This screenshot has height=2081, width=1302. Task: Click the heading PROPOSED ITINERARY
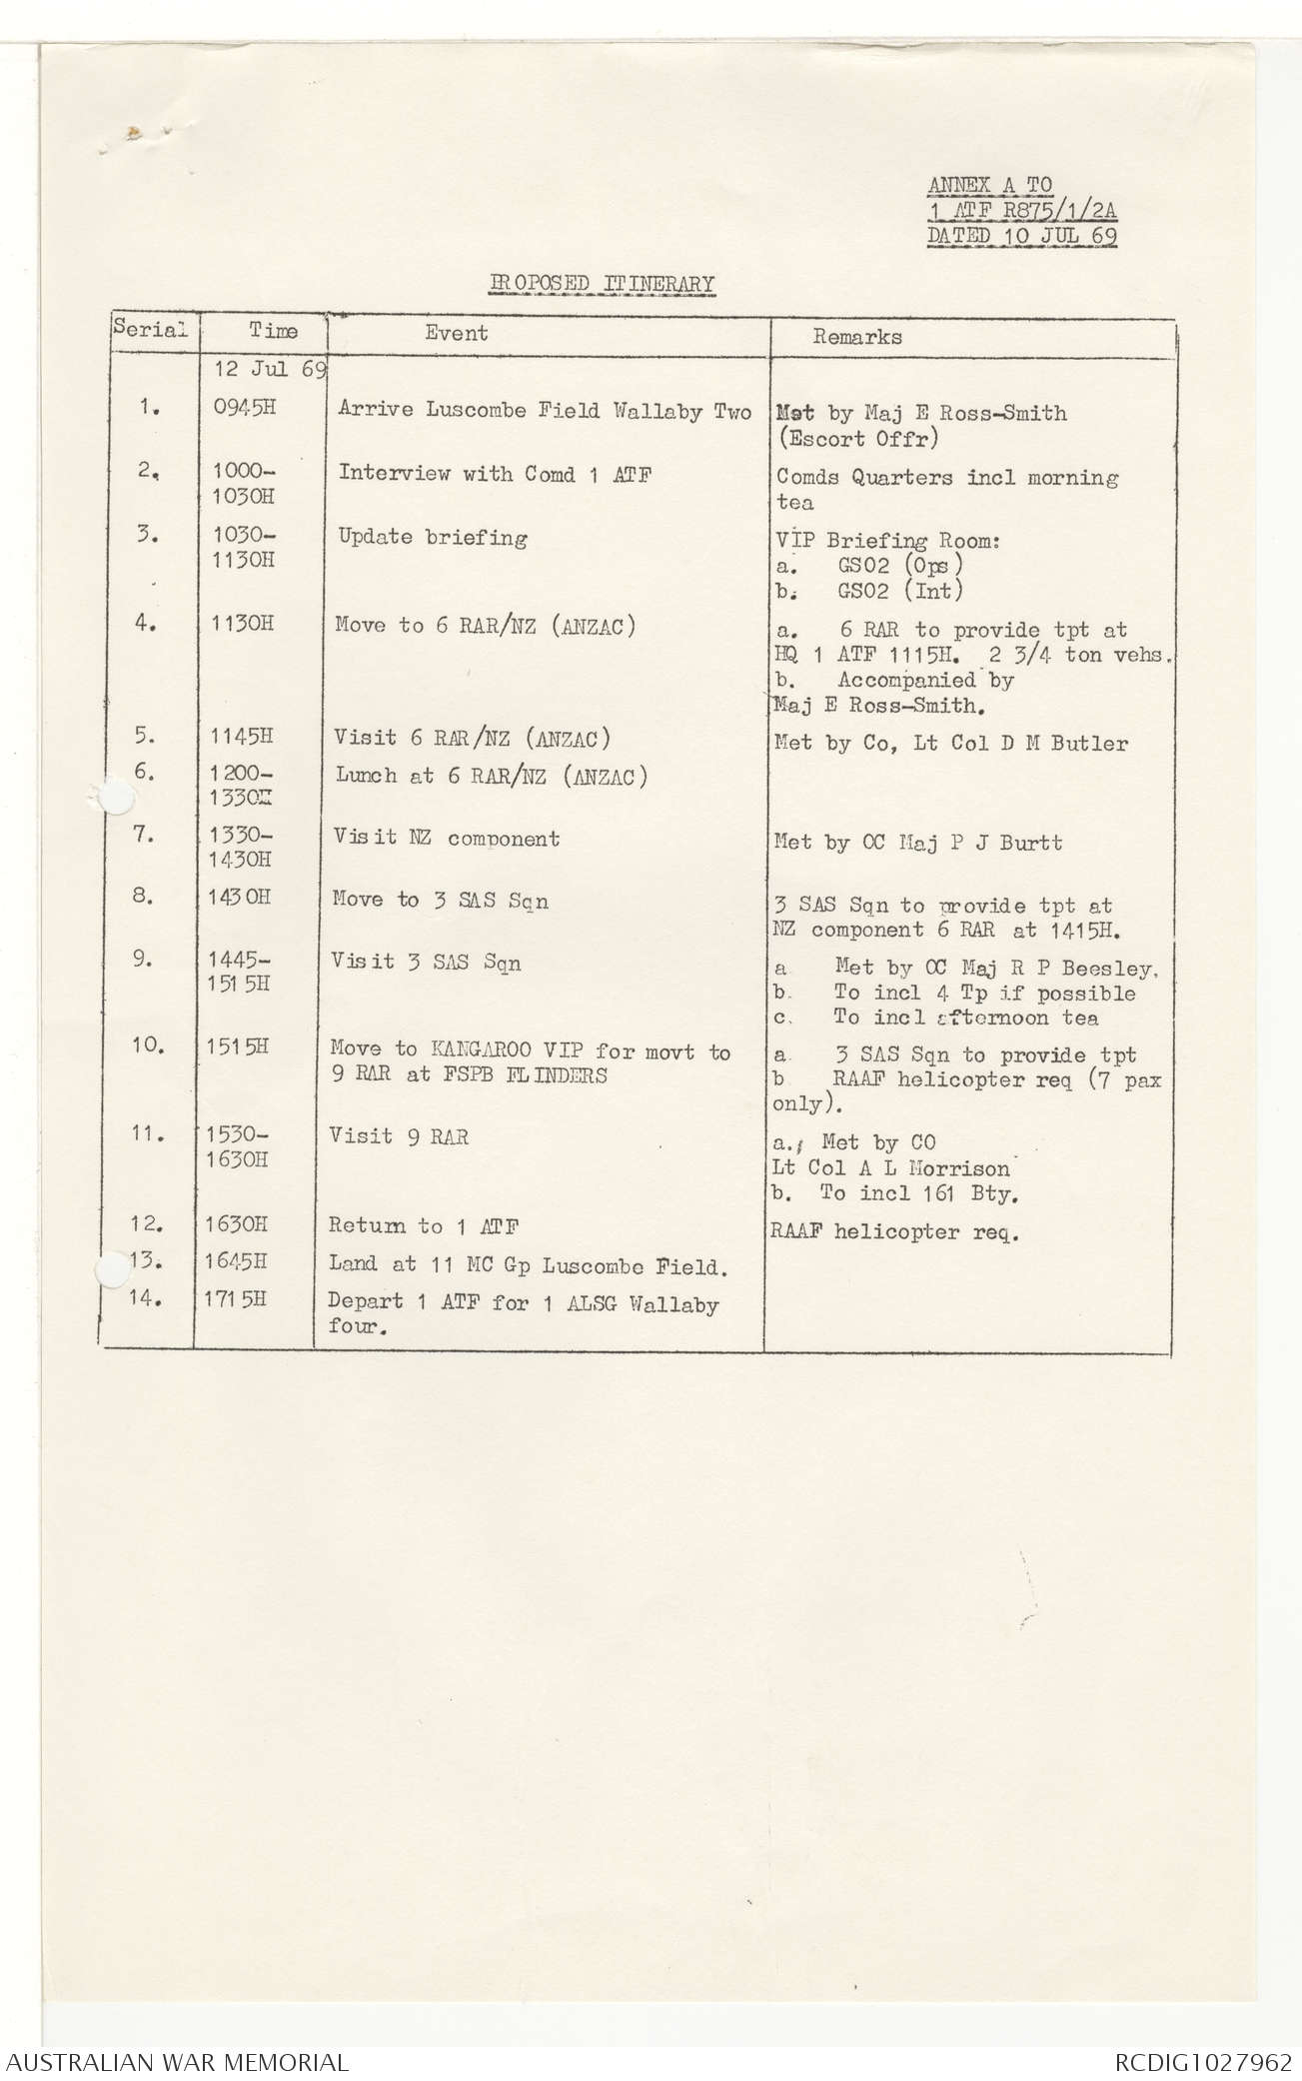(x=602, y=284)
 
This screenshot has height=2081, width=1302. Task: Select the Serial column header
(x=151, y=328)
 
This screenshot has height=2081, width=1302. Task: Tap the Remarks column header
(x=856, y=337)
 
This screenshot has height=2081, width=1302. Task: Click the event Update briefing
(x=432, y=537)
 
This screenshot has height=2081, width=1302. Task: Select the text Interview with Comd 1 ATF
(x=495, y=474)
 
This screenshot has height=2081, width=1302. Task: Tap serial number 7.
(x=145, y=835)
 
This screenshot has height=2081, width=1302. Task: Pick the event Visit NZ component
(x=447, y=838)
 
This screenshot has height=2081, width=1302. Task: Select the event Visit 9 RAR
(x=399, y=1136)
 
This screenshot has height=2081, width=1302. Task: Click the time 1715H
(x=237, y=1300)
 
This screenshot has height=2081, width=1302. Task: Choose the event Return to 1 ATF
(x=424, y=1226)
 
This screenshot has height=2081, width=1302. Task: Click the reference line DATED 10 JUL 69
(x=1022, y=236)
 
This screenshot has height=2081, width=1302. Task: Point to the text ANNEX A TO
(x=989, y=185)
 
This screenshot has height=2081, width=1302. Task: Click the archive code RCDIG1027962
(x=1203, y=2062)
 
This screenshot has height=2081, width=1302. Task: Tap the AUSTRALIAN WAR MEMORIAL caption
(x=178, y=2062)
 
